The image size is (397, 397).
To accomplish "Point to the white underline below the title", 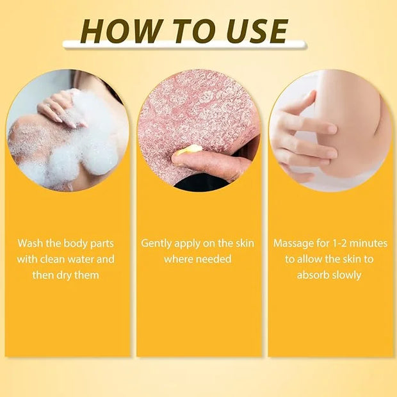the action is (184, 44).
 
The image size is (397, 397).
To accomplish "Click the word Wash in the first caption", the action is (30, 243).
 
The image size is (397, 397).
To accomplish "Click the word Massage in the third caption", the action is (293, 244).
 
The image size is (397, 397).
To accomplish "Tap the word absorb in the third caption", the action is (312, 275).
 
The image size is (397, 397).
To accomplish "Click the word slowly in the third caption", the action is (346, 276).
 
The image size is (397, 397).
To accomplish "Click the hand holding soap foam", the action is (62, 109).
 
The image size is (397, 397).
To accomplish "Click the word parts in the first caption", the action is (102, 244).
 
